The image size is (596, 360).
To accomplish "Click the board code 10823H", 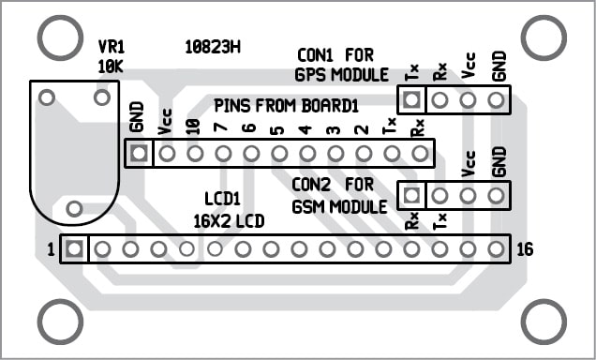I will click(x=213, y=45).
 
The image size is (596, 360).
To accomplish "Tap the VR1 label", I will click(x=112, y=47).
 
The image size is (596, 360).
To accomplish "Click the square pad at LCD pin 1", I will click(x=75, y=249).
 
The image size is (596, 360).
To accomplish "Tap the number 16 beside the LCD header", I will click(x=525, y=249).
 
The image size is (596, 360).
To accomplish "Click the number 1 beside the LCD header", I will click(x=52, y=249).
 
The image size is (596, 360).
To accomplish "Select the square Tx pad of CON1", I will click(x=411, y=98).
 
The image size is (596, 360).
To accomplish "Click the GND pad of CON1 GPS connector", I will click(x=497, y=98).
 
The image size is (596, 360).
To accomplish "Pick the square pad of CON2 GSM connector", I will click(x=411, y=195).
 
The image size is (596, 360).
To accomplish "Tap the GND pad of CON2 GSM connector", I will click(x=497, y=195).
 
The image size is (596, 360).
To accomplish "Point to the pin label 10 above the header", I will click(x=193, y=126).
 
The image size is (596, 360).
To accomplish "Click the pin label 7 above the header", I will click(x=221, y=128).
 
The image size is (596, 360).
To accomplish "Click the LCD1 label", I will click(x=222, y=199).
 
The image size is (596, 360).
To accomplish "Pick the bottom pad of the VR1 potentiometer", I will click(x=75, y=207).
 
